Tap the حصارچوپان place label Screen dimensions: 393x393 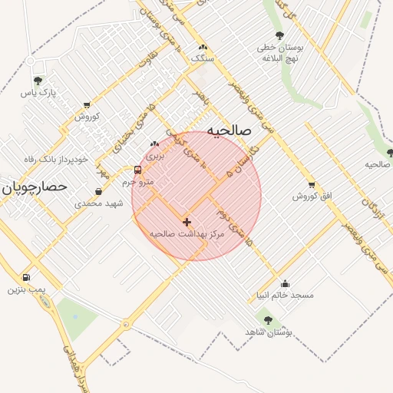[34, 187]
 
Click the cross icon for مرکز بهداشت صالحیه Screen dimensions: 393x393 [187, 221]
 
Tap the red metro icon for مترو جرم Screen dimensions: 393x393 [137, 170]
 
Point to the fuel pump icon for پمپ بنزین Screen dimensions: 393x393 [27, 278]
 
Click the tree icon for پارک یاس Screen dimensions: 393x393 [38, 81]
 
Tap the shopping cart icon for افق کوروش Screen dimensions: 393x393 [311, 184]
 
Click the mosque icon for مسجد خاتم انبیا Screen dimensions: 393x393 [286, 283]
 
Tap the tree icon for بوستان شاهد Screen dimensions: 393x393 [267, 320]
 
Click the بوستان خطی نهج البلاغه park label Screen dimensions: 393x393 [282, 52]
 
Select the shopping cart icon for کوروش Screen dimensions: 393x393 [86, 104]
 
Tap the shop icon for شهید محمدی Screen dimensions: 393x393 [98, 192]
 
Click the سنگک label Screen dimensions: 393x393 [202, 58]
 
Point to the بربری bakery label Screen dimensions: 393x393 [156, 156]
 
